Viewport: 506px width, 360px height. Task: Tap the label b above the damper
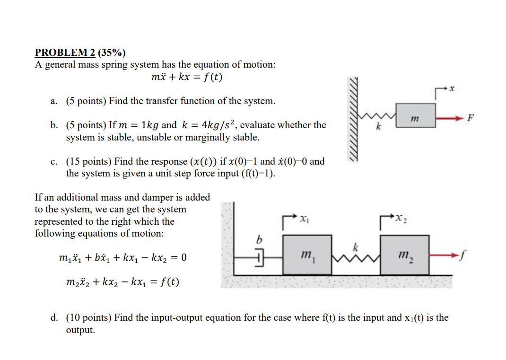[259, 239]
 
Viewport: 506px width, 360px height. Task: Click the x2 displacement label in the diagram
[401, 219]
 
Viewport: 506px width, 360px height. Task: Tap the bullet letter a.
[53, 101]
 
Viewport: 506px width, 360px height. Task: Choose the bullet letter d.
[54, 317]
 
